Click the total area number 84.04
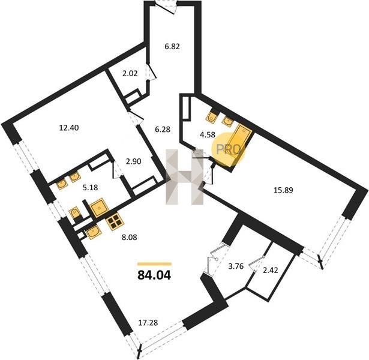click(154, 275)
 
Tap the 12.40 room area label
click(69, 128)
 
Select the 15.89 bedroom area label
click(283, 190)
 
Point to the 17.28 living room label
click(148, 323)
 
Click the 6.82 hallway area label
click(172, 46)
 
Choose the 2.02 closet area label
click(130, 74)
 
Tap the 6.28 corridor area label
click(163, 129)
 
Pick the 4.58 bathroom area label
click(208, 135)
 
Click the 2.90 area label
click(133, 161)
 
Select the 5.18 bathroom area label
click(90, 188)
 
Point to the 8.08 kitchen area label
click(129, 238)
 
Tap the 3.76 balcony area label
click(236, 266)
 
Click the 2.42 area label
click(271, 270)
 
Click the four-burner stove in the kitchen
click(116, 221)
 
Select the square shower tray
click(100, 208)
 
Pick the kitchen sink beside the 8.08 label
click(94, 232)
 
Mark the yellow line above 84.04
click(154, 264)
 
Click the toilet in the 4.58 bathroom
click(212, 116)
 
